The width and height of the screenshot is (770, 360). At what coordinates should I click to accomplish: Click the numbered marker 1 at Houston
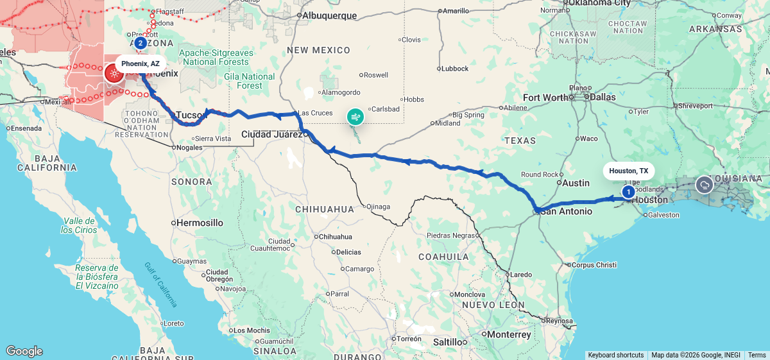(628, 191)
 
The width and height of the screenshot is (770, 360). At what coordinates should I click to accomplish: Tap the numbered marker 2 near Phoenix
(140, 43)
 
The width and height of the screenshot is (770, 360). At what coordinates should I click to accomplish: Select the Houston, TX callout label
(628, 171)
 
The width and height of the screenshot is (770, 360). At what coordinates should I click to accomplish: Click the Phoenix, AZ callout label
(141, 64)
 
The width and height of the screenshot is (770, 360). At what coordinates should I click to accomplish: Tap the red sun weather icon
(114, 73)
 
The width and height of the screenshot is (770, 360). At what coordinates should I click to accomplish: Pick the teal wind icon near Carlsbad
(355, 117)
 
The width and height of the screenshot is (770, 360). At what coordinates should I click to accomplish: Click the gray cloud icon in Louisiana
(705, 185)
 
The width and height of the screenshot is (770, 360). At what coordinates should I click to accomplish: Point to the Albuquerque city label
(329, 15)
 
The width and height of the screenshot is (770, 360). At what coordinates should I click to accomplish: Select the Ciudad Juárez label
(272, 134)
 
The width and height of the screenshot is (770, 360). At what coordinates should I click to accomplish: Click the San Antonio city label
(564, 210)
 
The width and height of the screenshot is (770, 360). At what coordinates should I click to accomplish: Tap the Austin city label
(576, 183)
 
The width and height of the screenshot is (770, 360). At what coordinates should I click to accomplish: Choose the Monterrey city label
(509, 334)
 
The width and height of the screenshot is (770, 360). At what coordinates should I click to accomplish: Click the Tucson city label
(190, 114)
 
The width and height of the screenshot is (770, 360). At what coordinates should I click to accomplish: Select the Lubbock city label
(455, 69)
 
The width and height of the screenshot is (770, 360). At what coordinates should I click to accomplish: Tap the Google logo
(24, 351)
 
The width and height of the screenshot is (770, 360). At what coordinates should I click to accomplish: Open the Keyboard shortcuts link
(615, 355)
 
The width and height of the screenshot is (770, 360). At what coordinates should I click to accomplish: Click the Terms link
(757, 355)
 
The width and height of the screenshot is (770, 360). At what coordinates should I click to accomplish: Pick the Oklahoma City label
(597, 3)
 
